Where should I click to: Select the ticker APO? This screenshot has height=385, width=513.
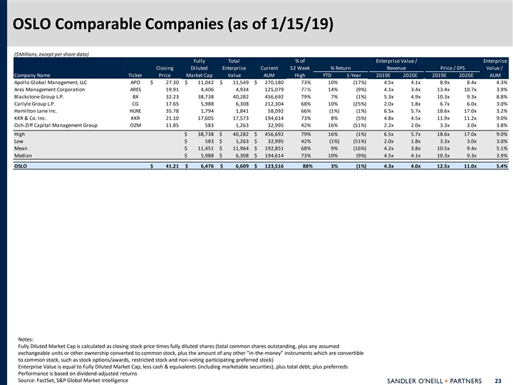(135, 83)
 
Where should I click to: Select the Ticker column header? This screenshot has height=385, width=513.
(135, 74)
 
